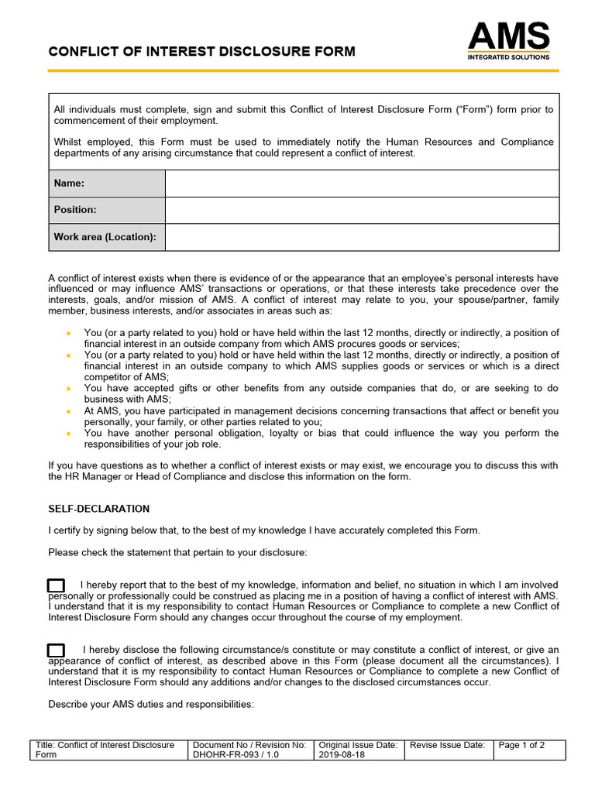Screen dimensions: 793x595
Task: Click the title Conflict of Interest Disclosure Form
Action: [x=201, y=52]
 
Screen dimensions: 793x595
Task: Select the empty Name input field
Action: [x=362, y=184]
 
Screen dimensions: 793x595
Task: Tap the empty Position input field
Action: [x=362, y=210]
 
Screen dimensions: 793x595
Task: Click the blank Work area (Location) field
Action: [x=362, y=237]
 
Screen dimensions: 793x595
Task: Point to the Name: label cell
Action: [x=107, y=184]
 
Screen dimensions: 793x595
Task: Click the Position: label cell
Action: [x=107, y=210]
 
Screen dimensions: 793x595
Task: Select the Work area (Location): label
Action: [x=107, y=237]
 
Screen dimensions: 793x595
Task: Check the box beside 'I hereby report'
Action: [x=56, y=585]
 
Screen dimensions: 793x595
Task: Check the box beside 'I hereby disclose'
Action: [x=56, y=650]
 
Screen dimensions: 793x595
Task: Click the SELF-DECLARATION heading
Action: [x=98, y=509]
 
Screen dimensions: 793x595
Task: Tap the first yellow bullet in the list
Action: [x=68, y=333]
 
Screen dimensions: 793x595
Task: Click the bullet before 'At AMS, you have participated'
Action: [x=68, y=411]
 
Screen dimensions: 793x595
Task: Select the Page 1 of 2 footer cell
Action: [x=521, y=745]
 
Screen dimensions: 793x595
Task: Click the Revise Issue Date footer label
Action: [x=447, y=745]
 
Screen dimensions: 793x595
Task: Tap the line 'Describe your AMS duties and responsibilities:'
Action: [x=150, y=705]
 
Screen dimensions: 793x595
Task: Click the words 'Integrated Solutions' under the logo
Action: [x=508, y=57]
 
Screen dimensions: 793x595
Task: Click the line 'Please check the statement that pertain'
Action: [x=177, y=552]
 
